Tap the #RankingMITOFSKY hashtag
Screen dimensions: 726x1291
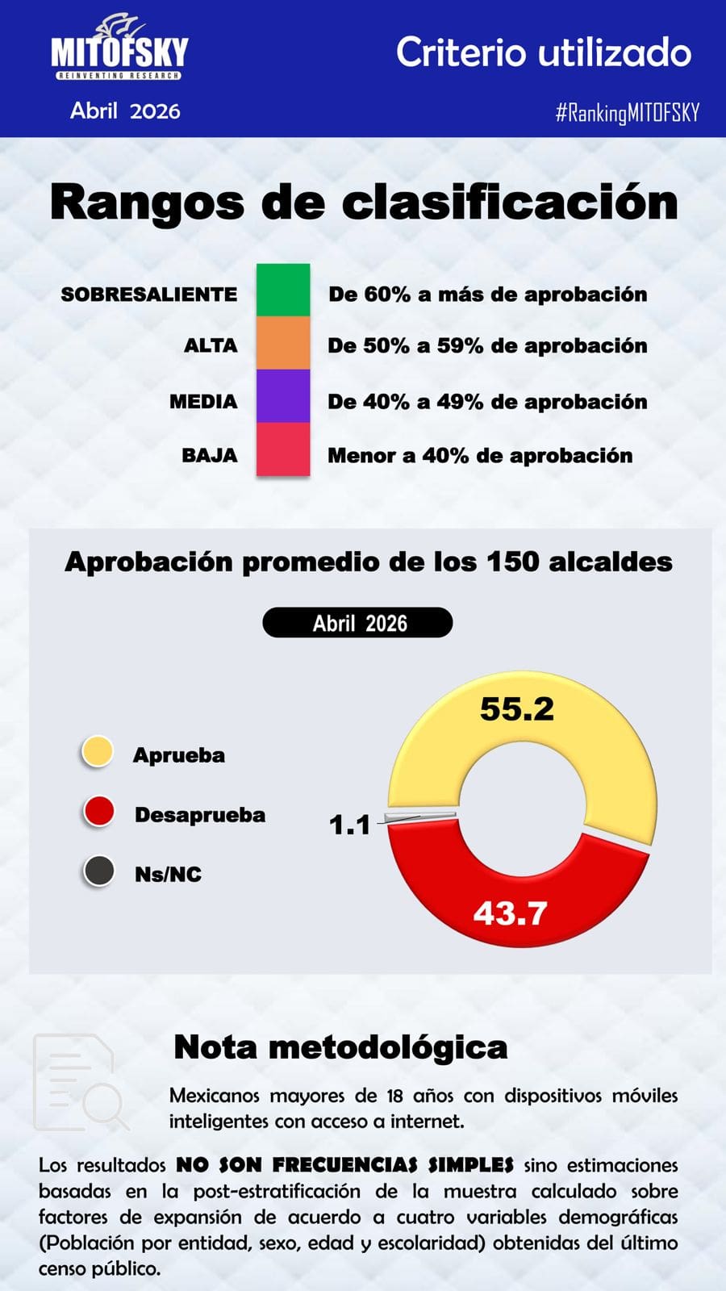pos(627,112)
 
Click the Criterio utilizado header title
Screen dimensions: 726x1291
pos(544,52)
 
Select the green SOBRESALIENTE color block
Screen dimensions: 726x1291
pos(283,290)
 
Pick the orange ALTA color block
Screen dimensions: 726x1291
pos(283,344)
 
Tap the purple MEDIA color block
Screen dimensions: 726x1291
pos(283,396)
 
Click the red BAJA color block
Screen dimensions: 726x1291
pos(283,449)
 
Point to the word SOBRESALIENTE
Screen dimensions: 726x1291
pos(149,295)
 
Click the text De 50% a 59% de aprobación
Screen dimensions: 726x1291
pos(487,346)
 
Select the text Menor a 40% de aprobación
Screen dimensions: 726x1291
pos(480,456)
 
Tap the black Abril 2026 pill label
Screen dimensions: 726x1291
pos(358,622)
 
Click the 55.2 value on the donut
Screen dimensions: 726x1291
pos(517,709)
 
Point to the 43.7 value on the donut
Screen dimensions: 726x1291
pos(510,913)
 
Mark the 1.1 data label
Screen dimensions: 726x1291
pos(350,825)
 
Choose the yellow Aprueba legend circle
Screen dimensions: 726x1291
pos(98,751)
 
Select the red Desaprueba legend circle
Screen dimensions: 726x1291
pos(98,812)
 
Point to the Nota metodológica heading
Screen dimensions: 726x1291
pos(340,1047)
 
